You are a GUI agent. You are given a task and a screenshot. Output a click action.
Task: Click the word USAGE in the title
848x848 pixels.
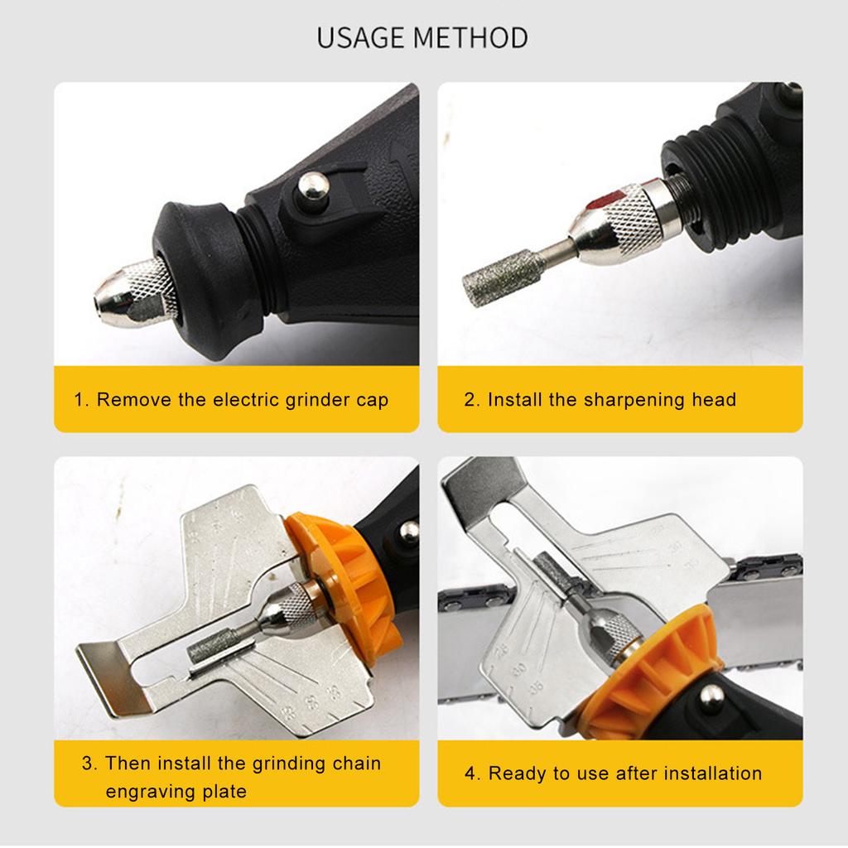click(361, 38)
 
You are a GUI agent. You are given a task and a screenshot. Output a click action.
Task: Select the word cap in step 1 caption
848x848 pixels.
click(372, 400)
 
